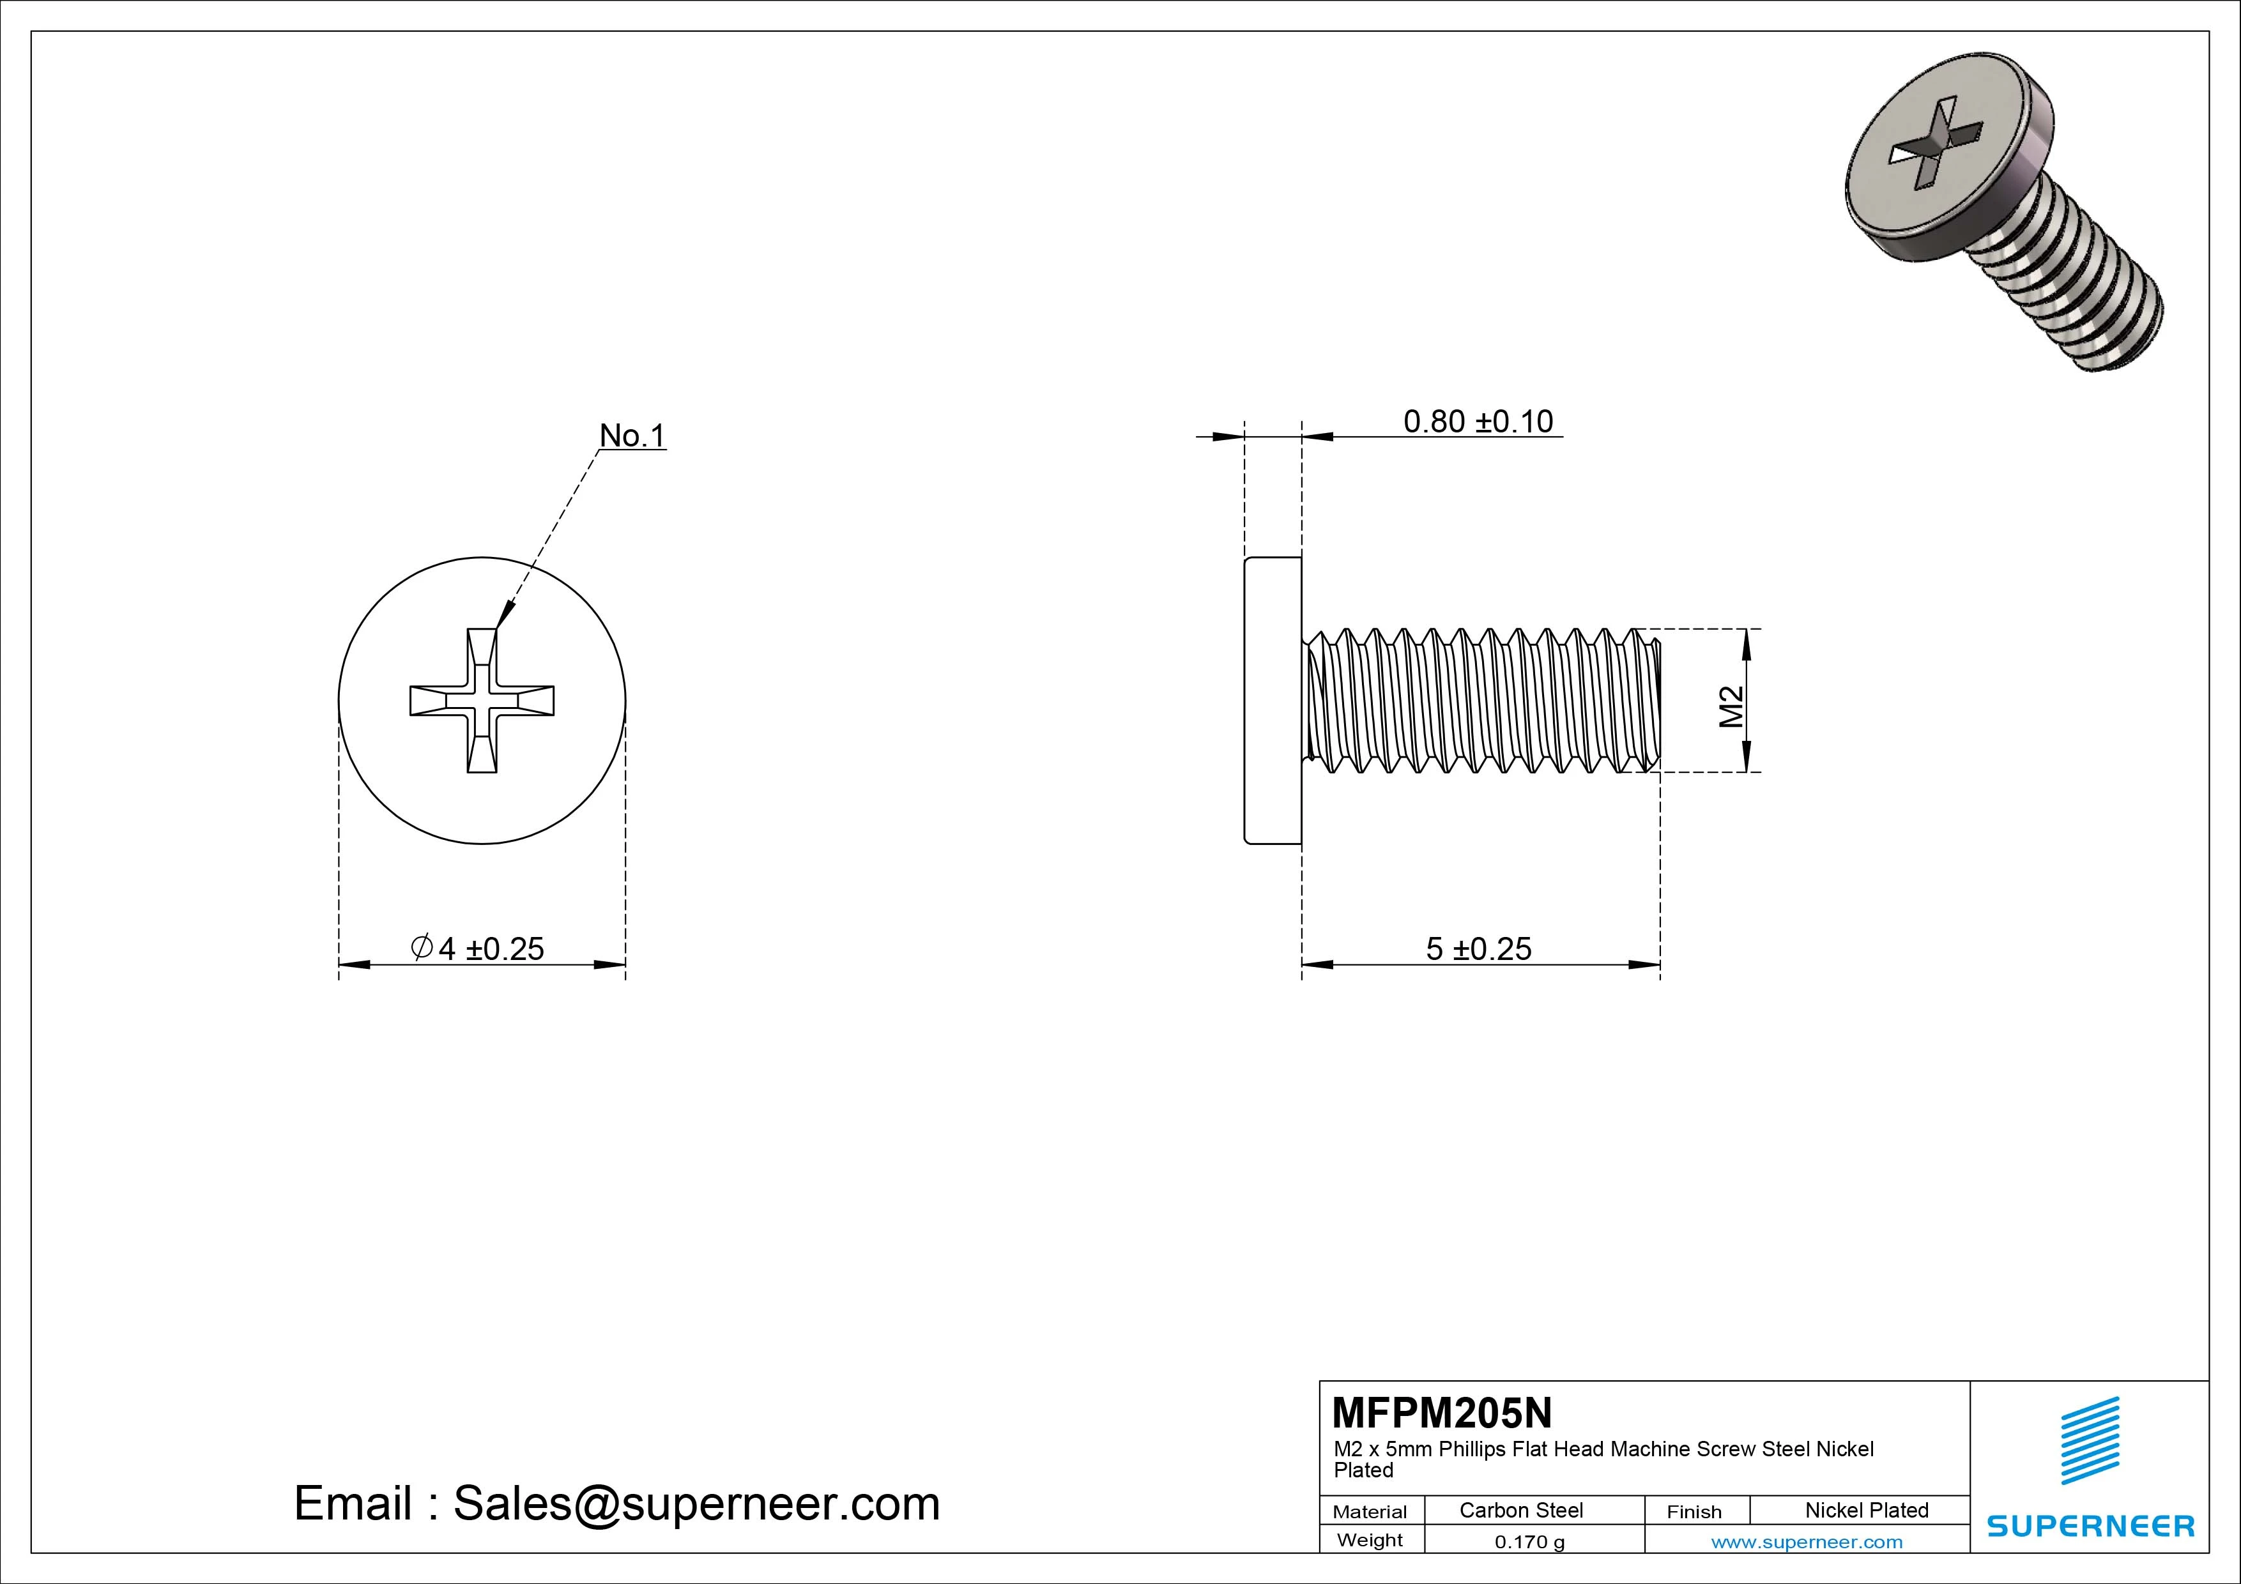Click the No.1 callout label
click(x=632, y=436)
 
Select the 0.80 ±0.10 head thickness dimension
click(x=1477, y=422)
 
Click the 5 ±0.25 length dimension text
click(x=1478, y=948)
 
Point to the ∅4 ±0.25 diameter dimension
click(x=478, y=948)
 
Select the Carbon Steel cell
click(x=1520, y=1510)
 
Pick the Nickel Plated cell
click(x=1866, y=1510)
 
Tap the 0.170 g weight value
click(x=1529, y=1542)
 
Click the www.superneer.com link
click(x=1806, y=1542)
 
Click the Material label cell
click(x=1370, y=1512)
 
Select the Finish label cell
click(x=1694, y=1512)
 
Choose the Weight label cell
click(x=1370, y=1540)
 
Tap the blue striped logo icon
click(x=2089, y=1440)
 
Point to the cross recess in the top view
click(x=482, y=701)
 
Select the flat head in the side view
click(x=1273, y=700)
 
